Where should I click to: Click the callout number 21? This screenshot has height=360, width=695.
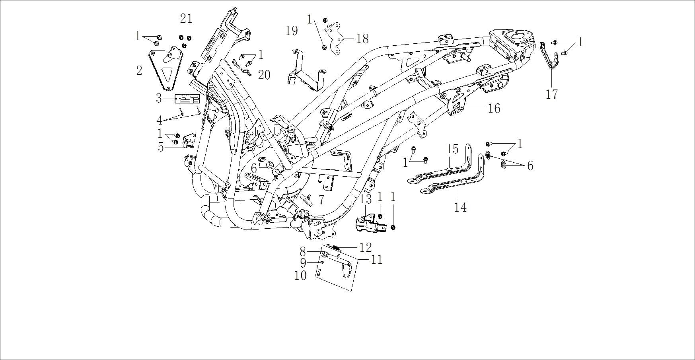pyautogui.click(x=186, y=18)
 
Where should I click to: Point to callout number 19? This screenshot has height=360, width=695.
pyautogui.click(x=292, y=31)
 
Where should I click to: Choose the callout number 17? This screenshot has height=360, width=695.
pyautogui.click(x=552, y=95)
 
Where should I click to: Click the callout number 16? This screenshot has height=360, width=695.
pyautogui.click(x=494, y=108)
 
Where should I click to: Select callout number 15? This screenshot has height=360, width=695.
pyautogui.click(x=453, y=149)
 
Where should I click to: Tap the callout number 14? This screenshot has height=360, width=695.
pyautogui.click(x=460, y=207)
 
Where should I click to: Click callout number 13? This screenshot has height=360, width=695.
pyautogui.click(x=366, y=198)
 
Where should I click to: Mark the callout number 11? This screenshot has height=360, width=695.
pyautogui.click(x=376, y=260)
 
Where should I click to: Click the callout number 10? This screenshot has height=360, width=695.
pyautogui.click(x=300, y=275)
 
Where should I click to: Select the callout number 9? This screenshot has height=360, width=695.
pyautogui.click(x=303, y=263)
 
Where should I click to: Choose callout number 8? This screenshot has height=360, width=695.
pyautogui.click(x=303, y=251)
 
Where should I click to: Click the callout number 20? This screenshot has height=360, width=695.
pyautogui.click(x=264, y=74)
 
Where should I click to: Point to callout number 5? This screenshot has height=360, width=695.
pyautogui.click(x=161, y=147)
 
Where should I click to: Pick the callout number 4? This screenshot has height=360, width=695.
pyautogui.click(x=160, y=120)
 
